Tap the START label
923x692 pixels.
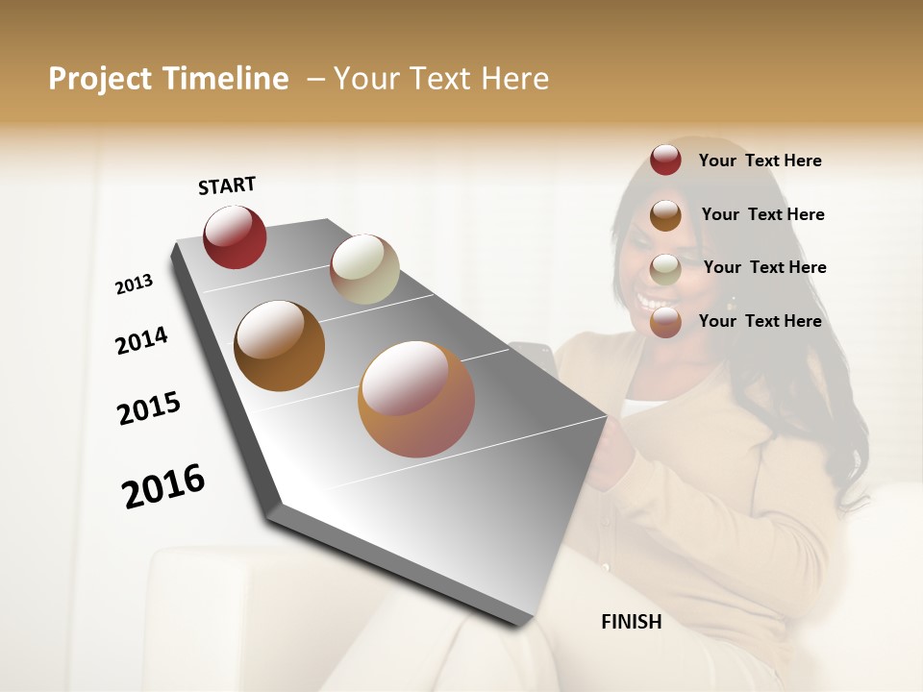[227, 185]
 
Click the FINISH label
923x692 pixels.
[631, 622]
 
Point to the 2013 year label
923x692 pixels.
[135, 284]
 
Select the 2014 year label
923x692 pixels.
[141, 340]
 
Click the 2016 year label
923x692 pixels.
[163, 486]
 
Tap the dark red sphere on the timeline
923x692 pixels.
[235, 237]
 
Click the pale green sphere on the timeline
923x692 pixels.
[364, 269]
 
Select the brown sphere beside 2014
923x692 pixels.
[279, 346]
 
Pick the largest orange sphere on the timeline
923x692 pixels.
[416, 399]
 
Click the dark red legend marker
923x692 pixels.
[665, 161]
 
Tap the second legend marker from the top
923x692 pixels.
[665, 215]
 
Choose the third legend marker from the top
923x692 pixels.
[665, 269]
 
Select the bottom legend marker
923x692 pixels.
[665, 322]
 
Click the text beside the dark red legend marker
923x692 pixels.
[760, 161]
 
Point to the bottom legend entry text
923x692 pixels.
[760, 321]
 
